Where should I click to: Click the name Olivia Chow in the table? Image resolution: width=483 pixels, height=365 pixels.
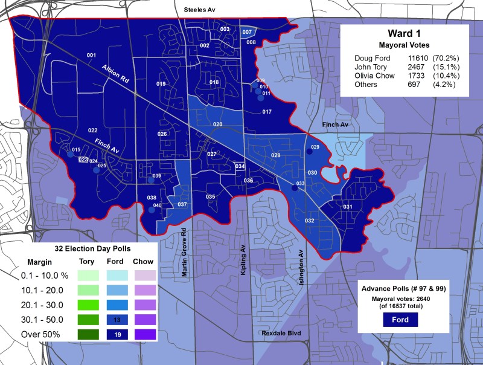tap(374, 76)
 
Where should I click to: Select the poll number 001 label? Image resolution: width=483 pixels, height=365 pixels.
tap(91, 56)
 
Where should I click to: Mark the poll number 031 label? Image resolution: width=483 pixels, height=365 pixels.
tap(348, 207)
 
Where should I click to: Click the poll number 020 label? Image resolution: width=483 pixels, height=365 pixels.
tap(217, 124)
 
